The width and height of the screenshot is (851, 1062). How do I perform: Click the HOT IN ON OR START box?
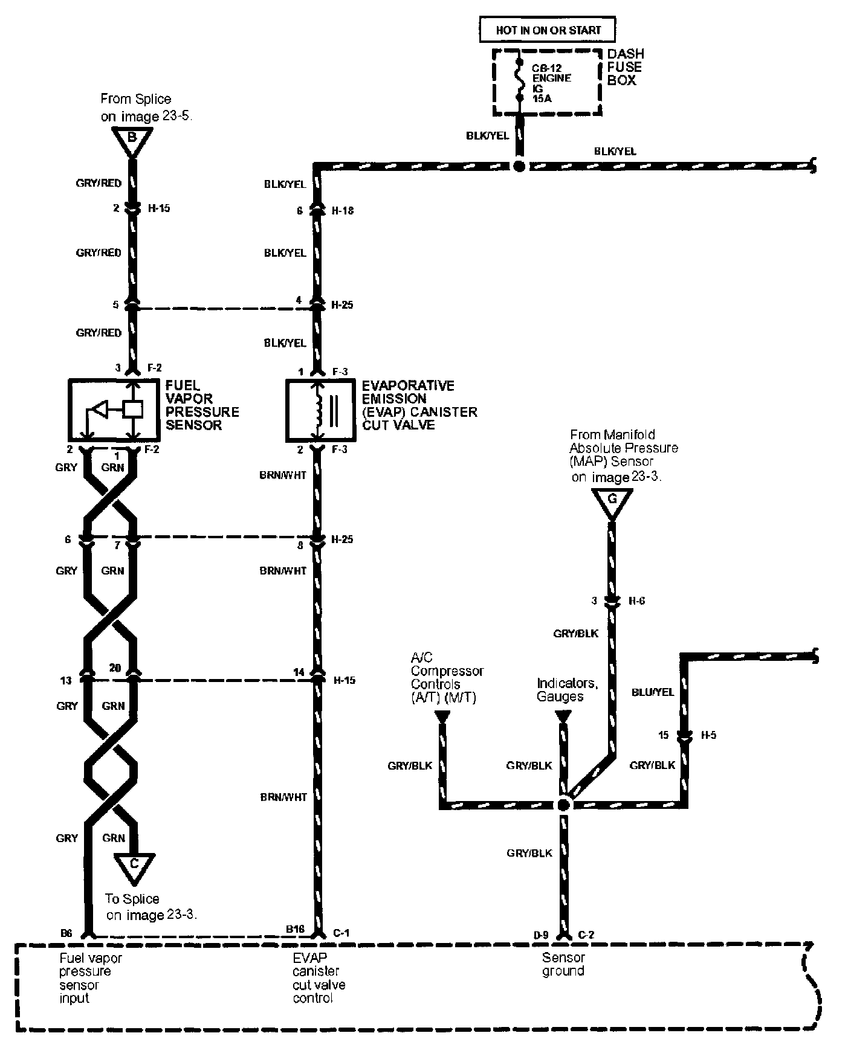548,30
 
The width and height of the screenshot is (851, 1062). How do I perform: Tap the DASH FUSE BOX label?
625,67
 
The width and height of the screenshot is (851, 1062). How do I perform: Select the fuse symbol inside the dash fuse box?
519,79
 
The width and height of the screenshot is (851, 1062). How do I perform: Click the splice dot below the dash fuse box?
519,166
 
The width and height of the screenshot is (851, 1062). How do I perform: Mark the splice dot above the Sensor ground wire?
563,804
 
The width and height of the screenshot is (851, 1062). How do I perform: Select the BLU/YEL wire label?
652,692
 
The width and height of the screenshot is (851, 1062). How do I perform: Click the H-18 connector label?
343,211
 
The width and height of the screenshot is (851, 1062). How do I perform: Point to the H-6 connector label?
636,601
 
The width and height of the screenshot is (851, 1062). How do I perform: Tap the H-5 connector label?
708,735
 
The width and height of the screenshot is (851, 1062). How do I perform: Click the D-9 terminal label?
541,935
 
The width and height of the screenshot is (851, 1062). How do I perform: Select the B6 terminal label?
66,933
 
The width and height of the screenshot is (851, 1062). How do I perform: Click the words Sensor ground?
563,965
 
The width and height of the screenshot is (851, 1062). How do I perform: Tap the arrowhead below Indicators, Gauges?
563,716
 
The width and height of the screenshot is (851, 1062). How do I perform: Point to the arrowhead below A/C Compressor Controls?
442,716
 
